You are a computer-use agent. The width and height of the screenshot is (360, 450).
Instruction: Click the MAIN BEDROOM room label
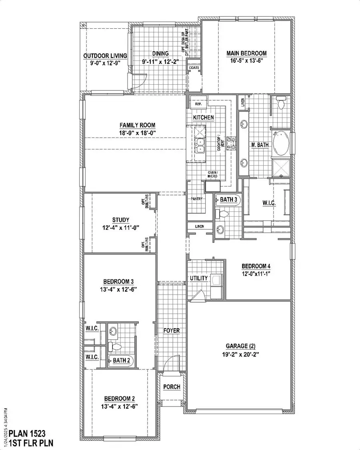pos(246,53)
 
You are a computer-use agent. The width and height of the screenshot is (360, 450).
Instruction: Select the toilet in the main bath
pos(280,103)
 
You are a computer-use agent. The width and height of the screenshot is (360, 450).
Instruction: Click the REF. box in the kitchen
pos(198,104)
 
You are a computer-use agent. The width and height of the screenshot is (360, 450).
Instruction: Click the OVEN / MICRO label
pos(212,175)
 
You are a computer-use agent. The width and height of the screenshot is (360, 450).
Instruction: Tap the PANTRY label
pos(196,199)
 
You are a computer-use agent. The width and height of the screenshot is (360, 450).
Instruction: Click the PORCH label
pos(172,387)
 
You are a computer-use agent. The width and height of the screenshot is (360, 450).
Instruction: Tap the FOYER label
pos(172,331)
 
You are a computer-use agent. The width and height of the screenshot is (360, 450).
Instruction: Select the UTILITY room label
pos(199,278)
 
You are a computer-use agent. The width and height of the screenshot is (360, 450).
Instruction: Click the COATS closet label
pos(194,68)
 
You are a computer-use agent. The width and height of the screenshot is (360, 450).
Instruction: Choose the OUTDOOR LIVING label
pos(105,56)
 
